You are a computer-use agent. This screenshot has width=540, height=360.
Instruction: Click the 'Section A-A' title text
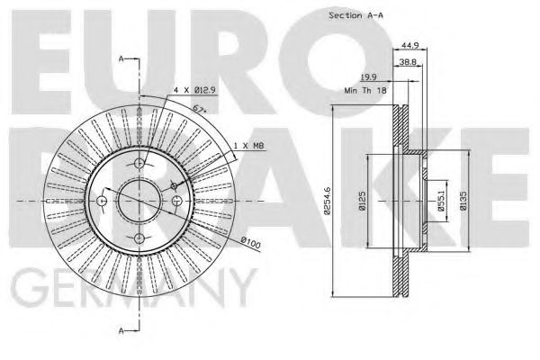[355, 15]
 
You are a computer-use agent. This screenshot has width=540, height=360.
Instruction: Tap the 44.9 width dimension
[410, 45]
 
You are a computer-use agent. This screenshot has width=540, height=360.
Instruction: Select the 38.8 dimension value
[408, 62]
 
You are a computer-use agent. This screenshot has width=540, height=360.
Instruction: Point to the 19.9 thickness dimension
[368, 77]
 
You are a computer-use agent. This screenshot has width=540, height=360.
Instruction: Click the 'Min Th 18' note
[365, 91]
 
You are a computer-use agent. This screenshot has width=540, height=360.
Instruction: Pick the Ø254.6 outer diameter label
[328, 201]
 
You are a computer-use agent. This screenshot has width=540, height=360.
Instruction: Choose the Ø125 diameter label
[362, 201]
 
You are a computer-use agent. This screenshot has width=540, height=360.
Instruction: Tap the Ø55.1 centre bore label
[442, 201]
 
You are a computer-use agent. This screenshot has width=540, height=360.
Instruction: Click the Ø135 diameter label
[463, 201]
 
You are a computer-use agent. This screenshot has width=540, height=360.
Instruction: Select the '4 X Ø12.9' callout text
[195, 90]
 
